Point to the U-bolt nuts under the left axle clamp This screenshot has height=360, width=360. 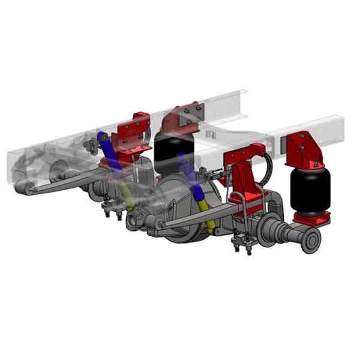click(112, 211)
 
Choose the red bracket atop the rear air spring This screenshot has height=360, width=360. click(182, 119)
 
